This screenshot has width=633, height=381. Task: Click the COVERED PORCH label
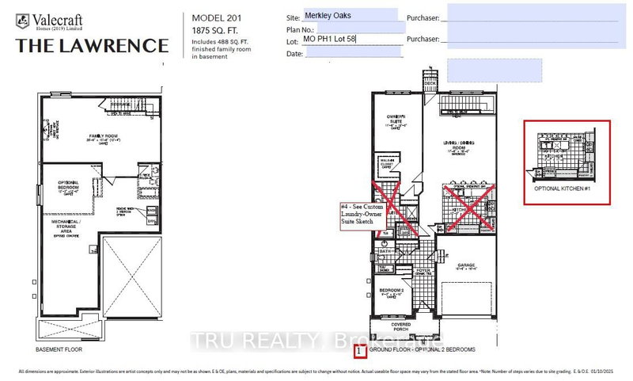(x=399, y=326)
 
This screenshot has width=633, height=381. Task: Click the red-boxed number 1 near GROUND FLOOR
(x=359, y=349)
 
